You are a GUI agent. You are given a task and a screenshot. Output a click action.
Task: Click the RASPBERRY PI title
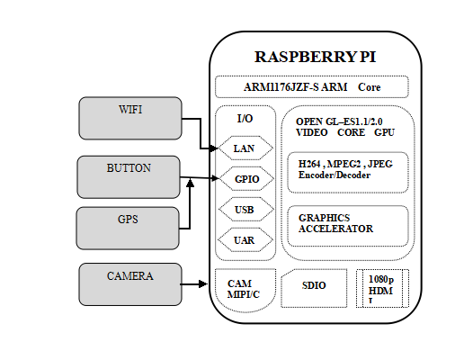click(316, 56)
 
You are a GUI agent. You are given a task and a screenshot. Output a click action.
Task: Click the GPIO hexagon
click(245, 179)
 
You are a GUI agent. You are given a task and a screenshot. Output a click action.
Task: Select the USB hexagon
click(244, 211)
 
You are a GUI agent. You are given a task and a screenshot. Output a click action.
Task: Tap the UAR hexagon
click(244, 241)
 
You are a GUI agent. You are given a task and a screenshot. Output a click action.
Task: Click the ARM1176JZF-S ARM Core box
click(312, 87)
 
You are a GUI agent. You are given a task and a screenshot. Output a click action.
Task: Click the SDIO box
click(314, 285)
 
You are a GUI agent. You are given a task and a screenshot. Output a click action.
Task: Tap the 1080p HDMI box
click(382, 291)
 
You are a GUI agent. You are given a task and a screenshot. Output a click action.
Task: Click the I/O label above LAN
click(245, 118)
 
